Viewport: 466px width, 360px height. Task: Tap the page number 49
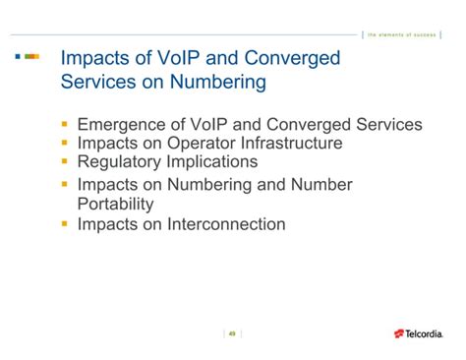[232, 332]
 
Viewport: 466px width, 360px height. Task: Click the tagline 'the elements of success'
[402, 34]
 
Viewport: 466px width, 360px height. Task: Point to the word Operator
[194, 144]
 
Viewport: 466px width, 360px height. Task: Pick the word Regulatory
[121, 161]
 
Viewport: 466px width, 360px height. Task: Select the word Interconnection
[226, 224]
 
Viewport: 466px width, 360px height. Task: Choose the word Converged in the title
[291, 58]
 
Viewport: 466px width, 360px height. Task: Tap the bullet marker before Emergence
[64, 125]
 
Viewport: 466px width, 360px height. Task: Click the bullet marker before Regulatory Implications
[64, 161]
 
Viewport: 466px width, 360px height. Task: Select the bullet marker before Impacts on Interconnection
[64, 224]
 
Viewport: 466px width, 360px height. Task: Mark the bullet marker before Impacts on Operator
[64, 144]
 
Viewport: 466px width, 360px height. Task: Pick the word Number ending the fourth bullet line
[318, 185]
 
